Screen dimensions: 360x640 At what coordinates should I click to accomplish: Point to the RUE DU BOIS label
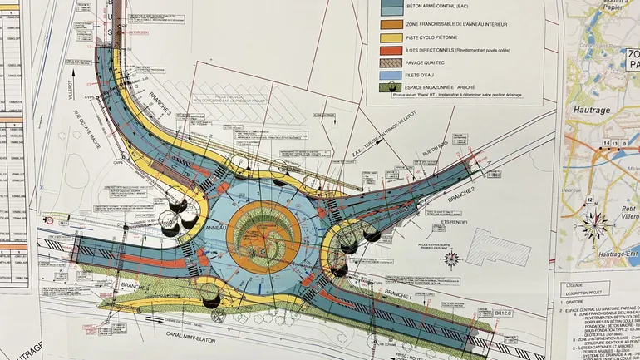(436, 150)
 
